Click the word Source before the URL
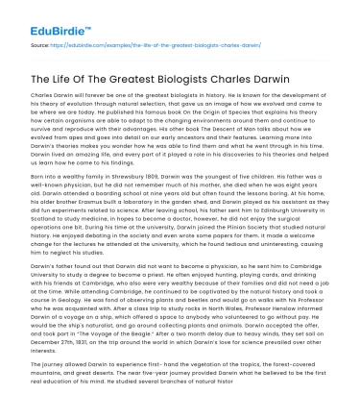click(x=41, y=44)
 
